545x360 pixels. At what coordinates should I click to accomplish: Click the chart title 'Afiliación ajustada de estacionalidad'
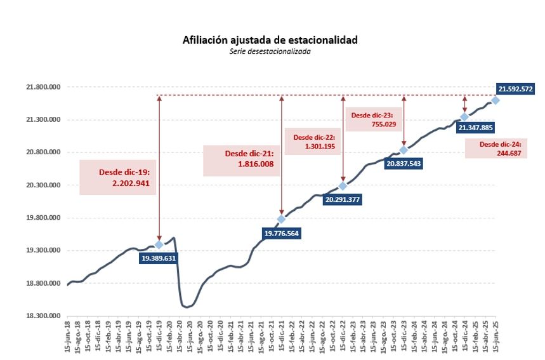[270, 40]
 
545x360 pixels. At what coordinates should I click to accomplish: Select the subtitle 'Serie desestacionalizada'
[270, 51]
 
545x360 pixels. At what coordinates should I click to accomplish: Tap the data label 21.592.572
[515, 89]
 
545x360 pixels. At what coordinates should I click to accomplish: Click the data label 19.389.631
[159, 258]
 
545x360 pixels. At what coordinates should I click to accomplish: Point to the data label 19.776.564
[282, 233]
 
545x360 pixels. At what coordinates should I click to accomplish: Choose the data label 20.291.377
[343, 199]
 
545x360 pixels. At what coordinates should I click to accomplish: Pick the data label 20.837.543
[402, 163]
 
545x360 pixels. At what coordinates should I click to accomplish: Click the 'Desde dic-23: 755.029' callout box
[373, 120]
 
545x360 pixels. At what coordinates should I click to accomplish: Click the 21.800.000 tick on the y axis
[42, 87]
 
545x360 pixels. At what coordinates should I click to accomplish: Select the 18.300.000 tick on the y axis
[42, 316]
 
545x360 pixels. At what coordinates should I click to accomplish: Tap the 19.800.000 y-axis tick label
[42, 218]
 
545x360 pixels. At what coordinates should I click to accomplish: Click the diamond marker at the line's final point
[495, 100]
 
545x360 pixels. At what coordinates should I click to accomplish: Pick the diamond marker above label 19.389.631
[159, 245]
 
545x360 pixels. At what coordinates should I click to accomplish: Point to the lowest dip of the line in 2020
[187, 307]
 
